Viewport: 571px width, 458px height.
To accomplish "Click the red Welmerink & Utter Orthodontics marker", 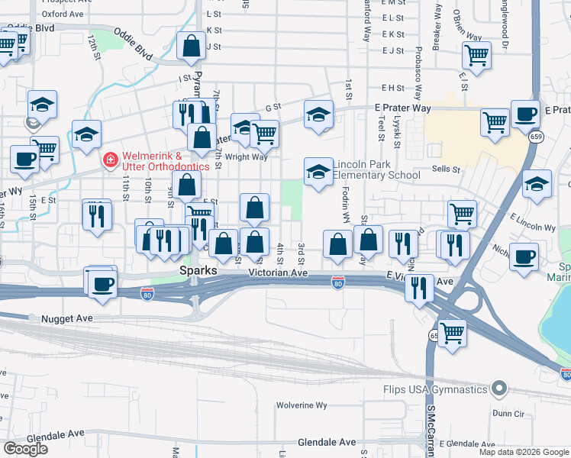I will tap(111, 160).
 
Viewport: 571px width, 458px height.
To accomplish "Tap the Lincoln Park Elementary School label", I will tap(377, 169).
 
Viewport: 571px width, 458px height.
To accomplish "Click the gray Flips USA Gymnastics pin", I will tap(500, 389).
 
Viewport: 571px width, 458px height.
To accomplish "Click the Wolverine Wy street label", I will tap(302, 405).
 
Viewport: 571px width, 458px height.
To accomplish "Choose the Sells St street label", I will tap(446, 169).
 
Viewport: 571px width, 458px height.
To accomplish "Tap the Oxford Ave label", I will tap(63, 14).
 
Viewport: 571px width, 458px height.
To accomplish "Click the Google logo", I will tap(26, 449).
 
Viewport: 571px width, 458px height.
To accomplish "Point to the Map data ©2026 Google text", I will tap(523, 452).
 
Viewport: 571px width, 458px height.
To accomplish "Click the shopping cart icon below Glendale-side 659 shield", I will tap(452, 333).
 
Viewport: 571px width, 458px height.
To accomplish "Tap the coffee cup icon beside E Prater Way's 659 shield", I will tap(525, 114).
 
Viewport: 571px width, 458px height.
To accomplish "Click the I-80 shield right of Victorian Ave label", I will tap(337, 284).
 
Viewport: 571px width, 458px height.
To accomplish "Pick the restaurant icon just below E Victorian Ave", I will tap(419, 288).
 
